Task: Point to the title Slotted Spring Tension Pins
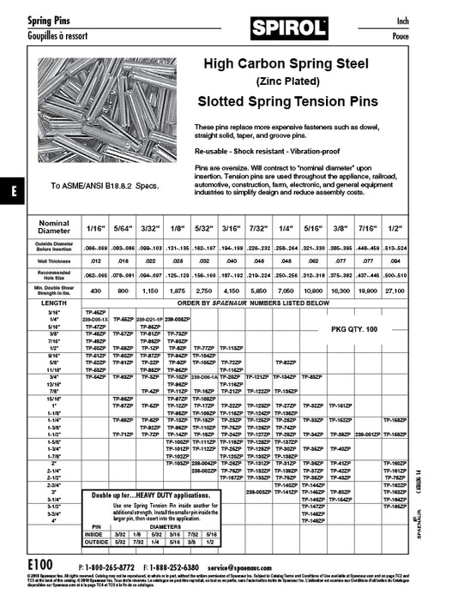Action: pyautogui.click(x=287, y=101)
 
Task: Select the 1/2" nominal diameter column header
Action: pyautogui.click(x=444, y=230)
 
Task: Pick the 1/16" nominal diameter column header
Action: pyautogui.click(x=94, y=230)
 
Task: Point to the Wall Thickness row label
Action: pyautogui.click(x=55, y=261)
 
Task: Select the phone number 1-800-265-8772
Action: pyautogui.click(x=109, y=567)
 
